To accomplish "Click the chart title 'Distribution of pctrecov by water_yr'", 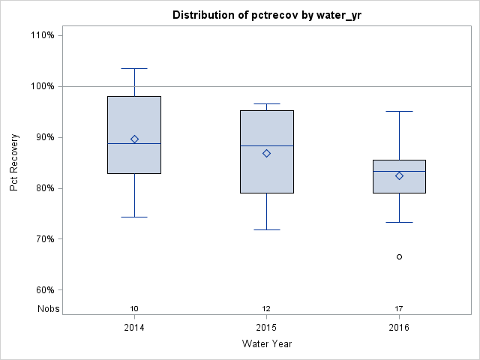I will pos(266,15).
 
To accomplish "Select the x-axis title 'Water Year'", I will pos(266,343).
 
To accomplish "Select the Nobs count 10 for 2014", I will pos(134,308).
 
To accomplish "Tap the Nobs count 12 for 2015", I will pos(266,308).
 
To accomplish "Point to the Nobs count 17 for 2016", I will pos(399,308).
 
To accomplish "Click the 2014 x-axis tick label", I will pos(134,328).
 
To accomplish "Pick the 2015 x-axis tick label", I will pos(266,328).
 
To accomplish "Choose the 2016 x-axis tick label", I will pos(399,328).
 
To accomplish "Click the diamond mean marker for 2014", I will pos(134,139).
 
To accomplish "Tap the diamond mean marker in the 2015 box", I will pos(266,153).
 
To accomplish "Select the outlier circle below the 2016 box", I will pos(399,256).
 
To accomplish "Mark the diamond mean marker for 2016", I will pos(399,175).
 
